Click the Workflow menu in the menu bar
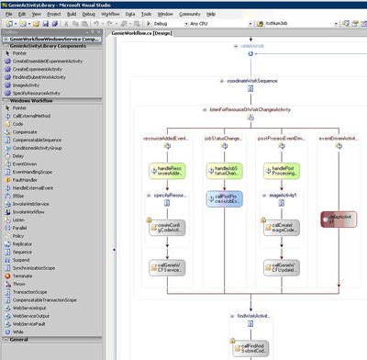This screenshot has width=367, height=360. point(111,15)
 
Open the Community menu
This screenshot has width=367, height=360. point(189,15)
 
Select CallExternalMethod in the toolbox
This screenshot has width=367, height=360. point(35,116)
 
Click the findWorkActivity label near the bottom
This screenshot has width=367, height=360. point(253,315)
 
